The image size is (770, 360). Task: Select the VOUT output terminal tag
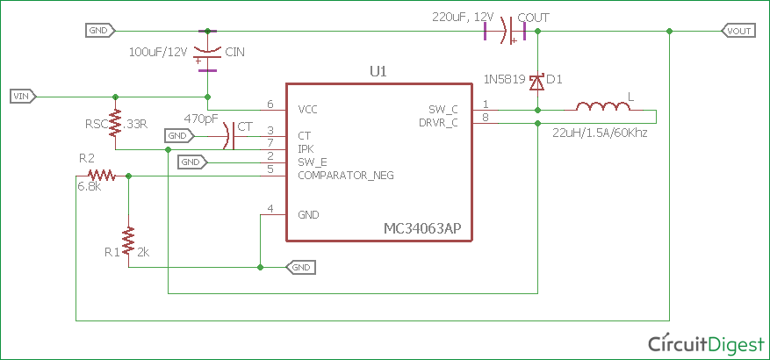738,32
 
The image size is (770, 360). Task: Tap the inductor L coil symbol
603,107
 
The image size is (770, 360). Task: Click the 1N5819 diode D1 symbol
536,81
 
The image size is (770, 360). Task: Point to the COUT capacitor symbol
507,32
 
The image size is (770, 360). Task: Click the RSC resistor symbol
116,124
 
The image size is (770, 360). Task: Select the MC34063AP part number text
422,228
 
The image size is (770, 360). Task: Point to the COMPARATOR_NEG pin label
346,176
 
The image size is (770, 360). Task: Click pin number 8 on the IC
485,118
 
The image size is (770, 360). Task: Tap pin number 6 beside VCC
270,104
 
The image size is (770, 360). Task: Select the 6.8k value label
90,187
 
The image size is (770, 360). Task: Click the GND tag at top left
98,31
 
